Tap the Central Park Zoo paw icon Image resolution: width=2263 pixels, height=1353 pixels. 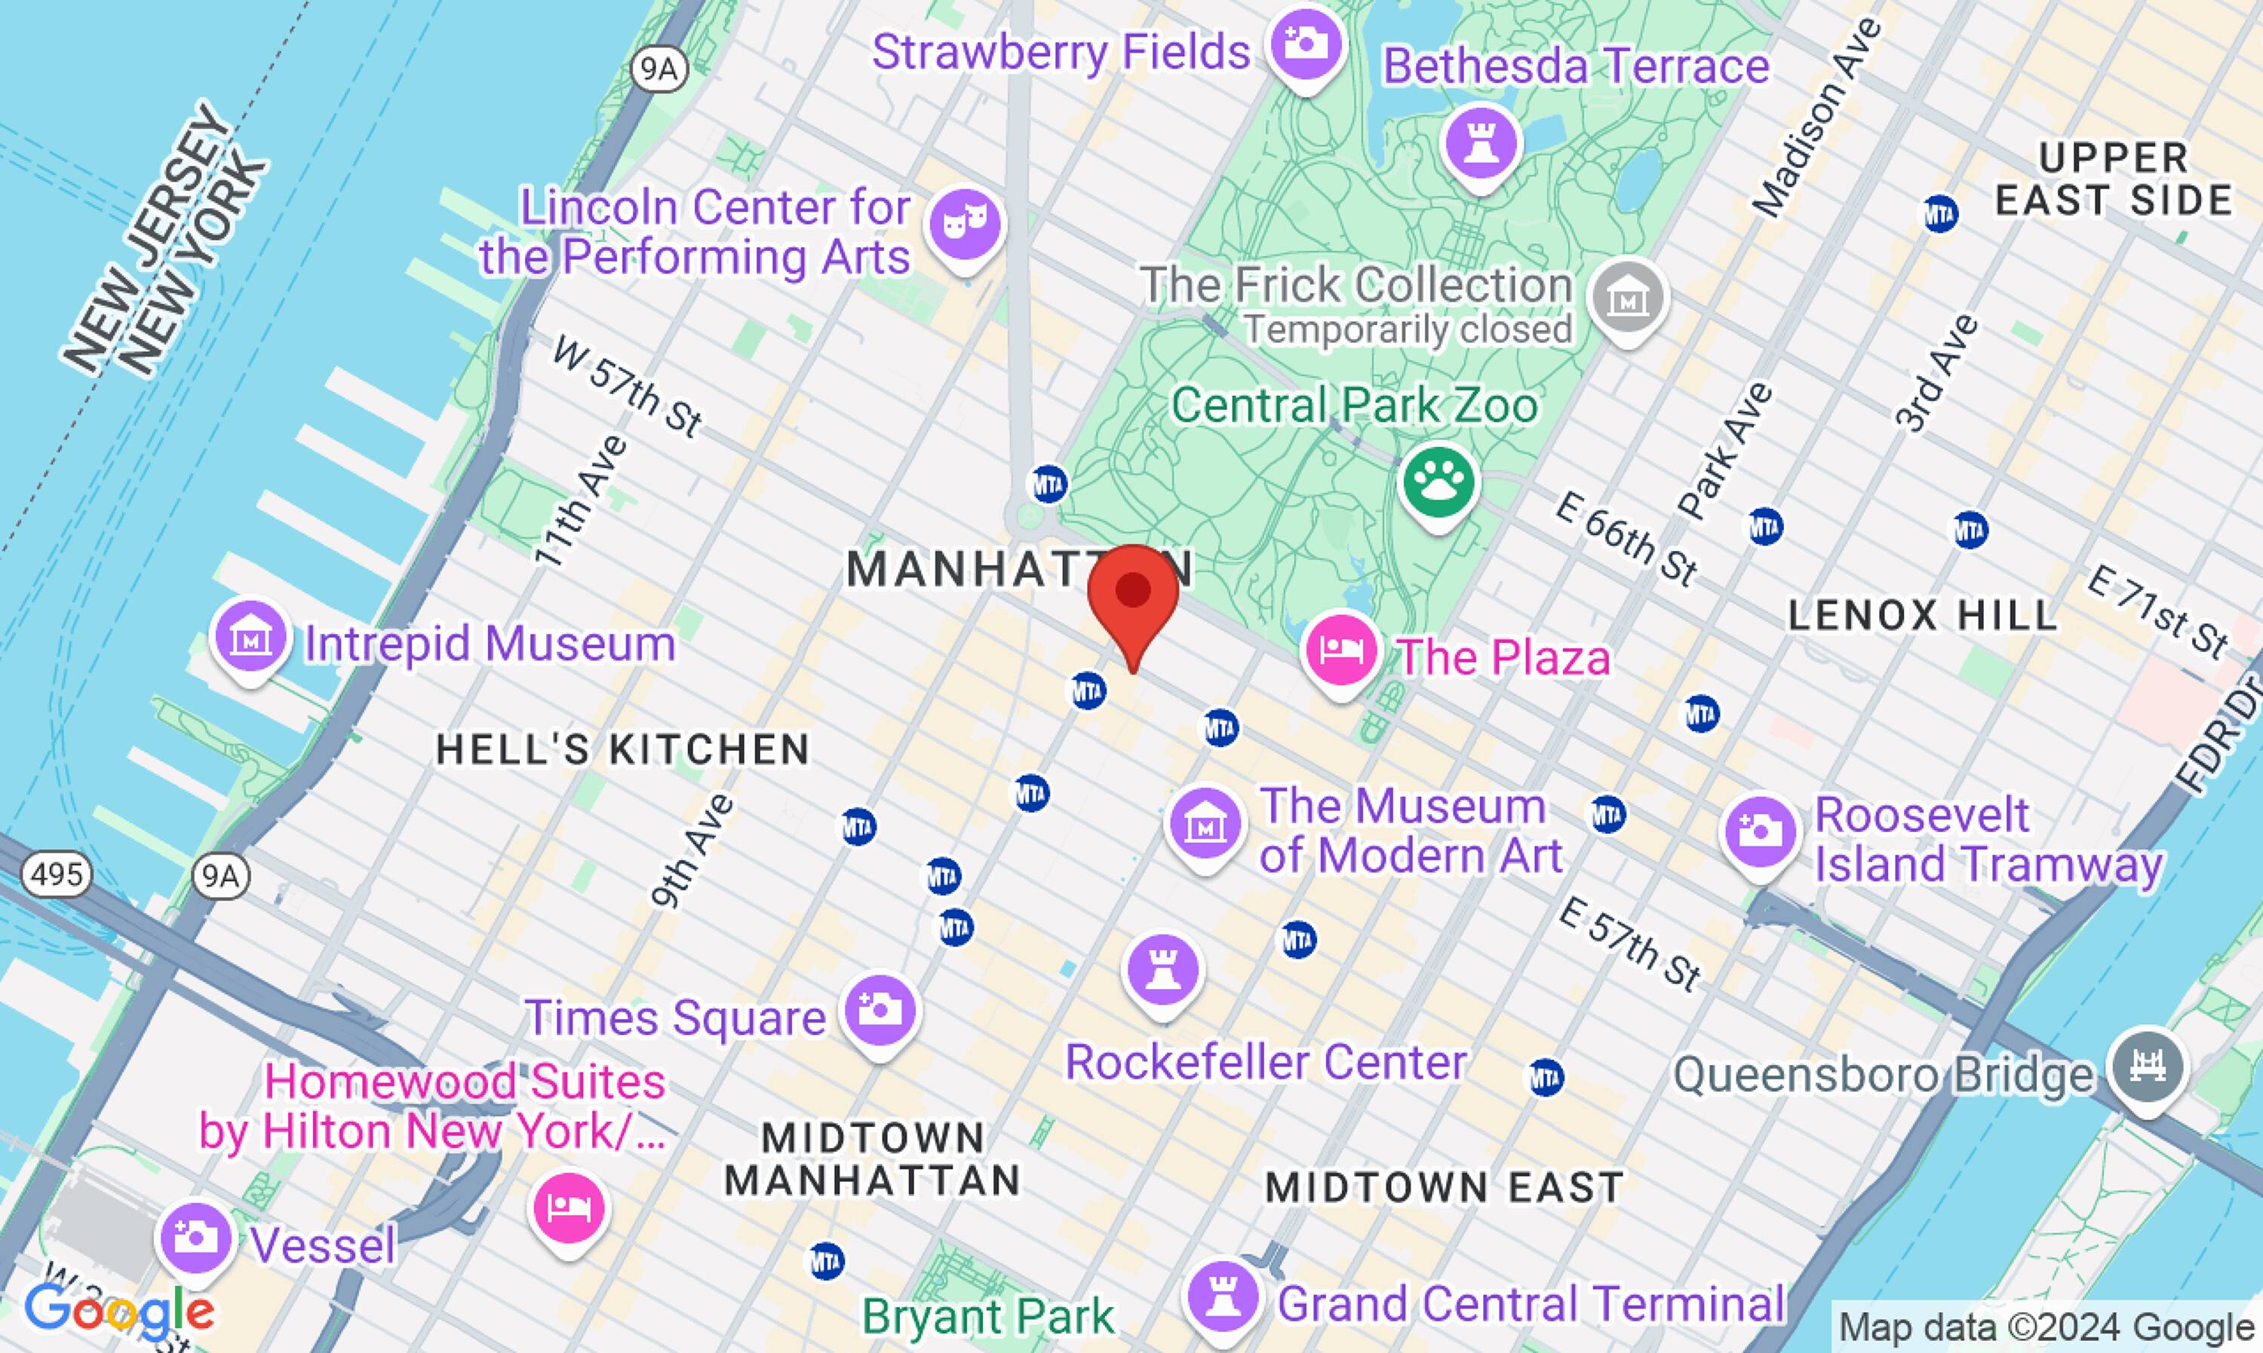tap(1439, 480)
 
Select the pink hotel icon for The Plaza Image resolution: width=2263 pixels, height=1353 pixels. tap(1340, 650)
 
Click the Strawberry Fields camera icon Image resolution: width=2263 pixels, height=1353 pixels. tap(1307, 44)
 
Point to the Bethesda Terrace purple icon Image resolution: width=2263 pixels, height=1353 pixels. tap(1482, 143)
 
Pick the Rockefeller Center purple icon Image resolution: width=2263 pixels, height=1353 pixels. tap(1163, 971)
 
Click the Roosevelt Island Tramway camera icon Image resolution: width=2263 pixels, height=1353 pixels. tap(1761, 831)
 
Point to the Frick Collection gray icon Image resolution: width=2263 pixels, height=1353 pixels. tap(1628, 297)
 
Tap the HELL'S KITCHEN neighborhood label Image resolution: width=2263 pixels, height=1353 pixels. tap(623, 750)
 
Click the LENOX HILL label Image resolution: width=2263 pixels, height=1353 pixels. tap(1922, 617)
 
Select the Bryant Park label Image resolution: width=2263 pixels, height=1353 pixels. tap(988, 1315)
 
